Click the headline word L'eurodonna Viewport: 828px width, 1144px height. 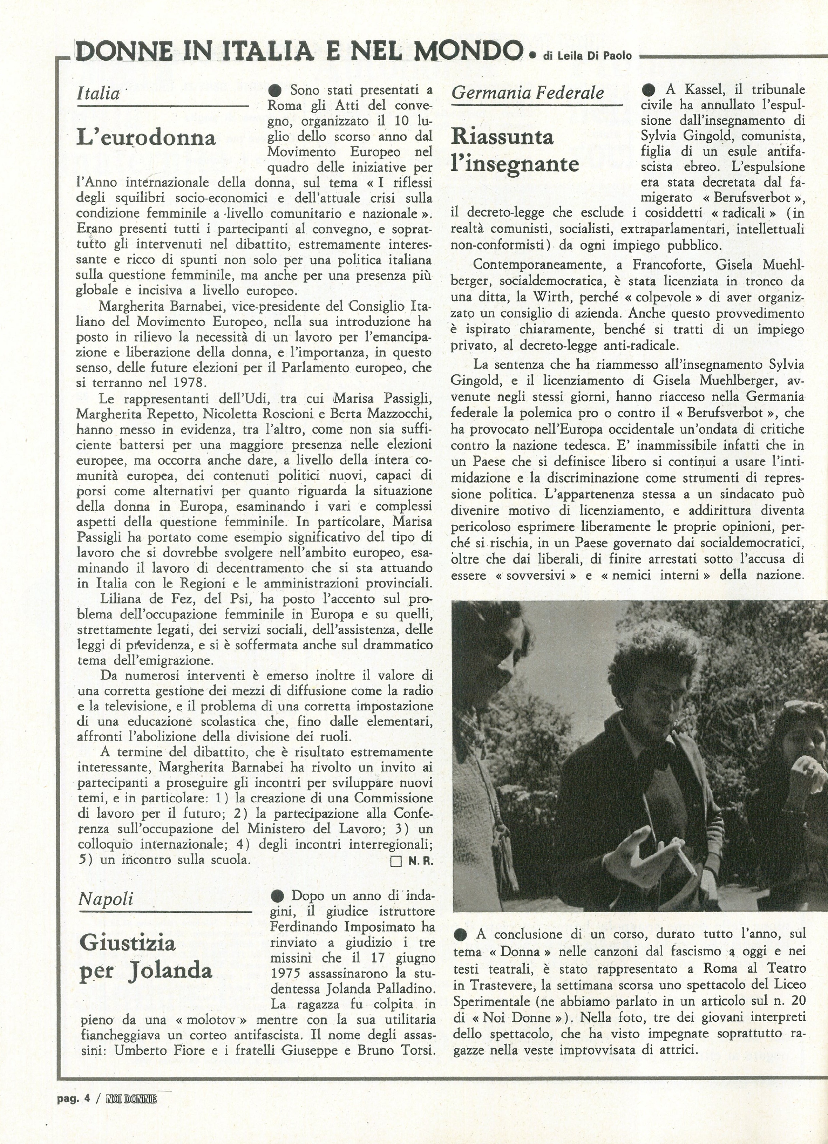tap(146, 137)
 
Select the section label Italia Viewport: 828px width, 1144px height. tap(99, 93)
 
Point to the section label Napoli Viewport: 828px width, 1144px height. tap(106, 898)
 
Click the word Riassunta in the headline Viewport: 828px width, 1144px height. tap(502, 137)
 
